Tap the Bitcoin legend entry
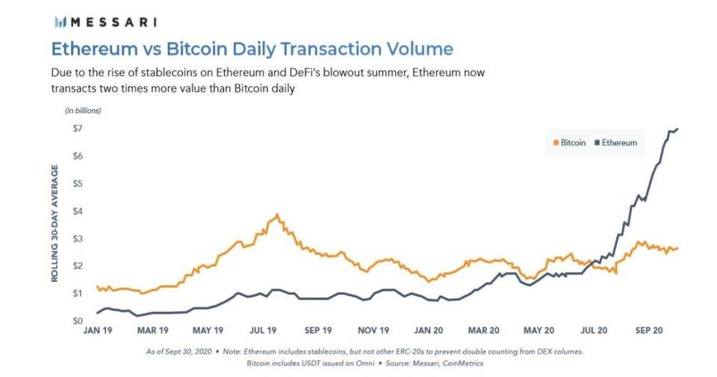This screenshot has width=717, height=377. pyautogui.click(x=571, y=142)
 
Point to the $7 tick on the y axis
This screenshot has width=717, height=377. pyautogui.click(x=77, y=129)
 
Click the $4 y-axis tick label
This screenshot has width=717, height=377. pyautogui.click(x=77, y=211)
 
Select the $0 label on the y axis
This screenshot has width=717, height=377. pyautogui.click(x=77, y=321)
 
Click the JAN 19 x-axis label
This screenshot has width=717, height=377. pyautogui.click(x=97, y=329)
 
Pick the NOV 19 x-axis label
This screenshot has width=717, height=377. pyautogui.click(x=373, y=329)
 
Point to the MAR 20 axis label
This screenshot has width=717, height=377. pyautogui.click(x=484, y=329)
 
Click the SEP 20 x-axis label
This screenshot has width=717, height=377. pyautogui.click(x=648, y=329)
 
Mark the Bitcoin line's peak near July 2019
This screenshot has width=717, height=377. pyautogui.click(x=278, y=215)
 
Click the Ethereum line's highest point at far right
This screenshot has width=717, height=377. pyautogui.click(x=677, y=129)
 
